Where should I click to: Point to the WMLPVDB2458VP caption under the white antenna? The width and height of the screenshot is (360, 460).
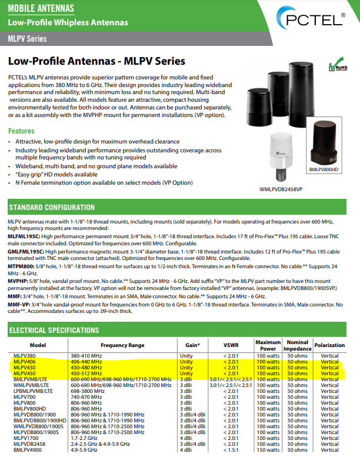(281, 189)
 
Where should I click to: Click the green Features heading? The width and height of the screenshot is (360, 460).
(21, 131)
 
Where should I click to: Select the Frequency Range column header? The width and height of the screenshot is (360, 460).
(122, 345)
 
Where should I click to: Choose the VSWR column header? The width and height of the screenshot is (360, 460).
(231, 345)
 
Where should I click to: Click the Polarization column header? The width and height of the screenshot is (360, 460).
(329, 345)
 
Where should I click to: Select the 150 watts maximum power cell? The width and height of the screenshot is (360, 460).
(268, 450)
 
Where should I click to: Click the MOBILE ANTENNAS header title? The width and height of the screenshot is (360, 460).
(41, 8)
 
